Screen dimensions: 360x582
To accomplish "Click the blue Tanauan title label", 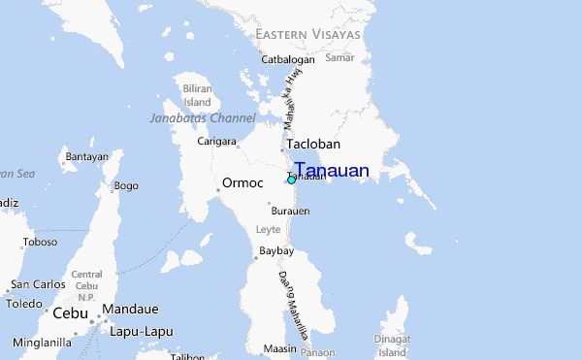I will click(332, 171).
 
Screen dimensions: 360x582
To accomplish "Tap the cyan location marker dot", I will click(291, 180).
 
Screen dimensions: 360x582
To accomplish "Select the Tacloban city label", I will click(313, 143).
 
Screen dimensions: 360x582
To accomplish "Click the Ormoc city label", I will click(242, 182).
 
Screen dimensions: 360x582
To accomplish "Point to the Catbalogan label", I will click(290, 59).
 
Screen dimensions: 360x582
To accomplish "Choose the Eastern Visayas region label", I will click(307, 34).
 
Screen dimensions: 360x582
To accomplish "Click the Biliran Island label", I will click(197, 95).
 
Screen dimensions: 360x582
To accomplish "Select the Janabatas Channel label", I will click(203, 118).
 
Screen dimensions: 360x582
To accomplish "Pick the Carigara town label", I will click(217, 142).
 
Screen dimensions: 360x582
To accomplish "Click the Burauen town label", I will click(290, 211).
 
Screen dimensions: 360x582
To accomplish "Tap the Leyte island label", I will click(268, 230).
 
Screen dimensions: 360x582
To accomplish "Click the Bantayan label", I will click(86, 156).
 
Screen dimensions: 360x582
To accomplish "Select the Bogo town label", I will click(126, 185).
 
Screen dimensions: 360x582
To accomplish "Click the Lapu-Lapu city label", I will click(142, 331).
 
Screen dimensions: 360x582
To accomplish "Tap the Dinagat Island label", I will click(393, 345).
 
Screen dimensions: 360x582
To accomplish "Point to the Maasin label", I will click(279, 348).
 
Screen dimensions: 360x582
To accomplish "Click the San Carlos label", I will click(38, 285).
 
